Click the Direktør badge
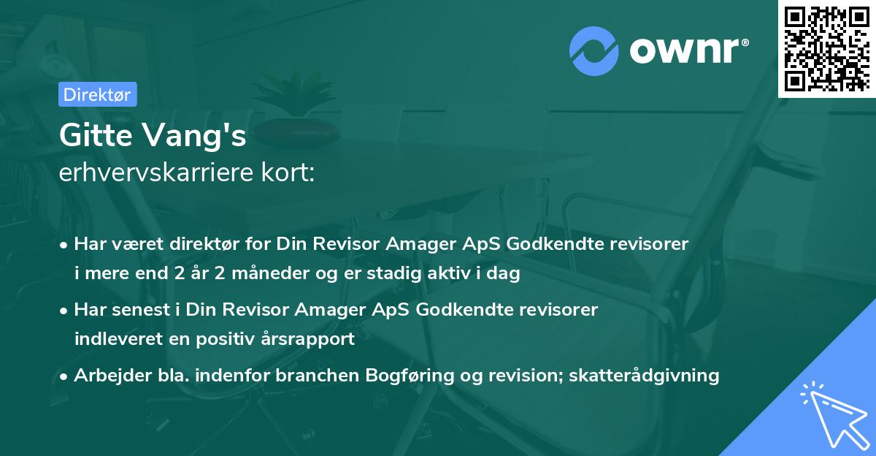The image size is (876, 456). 96,94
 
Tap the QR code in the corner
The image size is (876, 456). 826,48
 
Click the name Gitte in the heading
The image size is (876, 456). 94,135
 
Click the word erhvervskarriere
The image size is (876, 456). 148,174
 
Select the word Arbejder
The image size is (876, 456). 109,376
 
